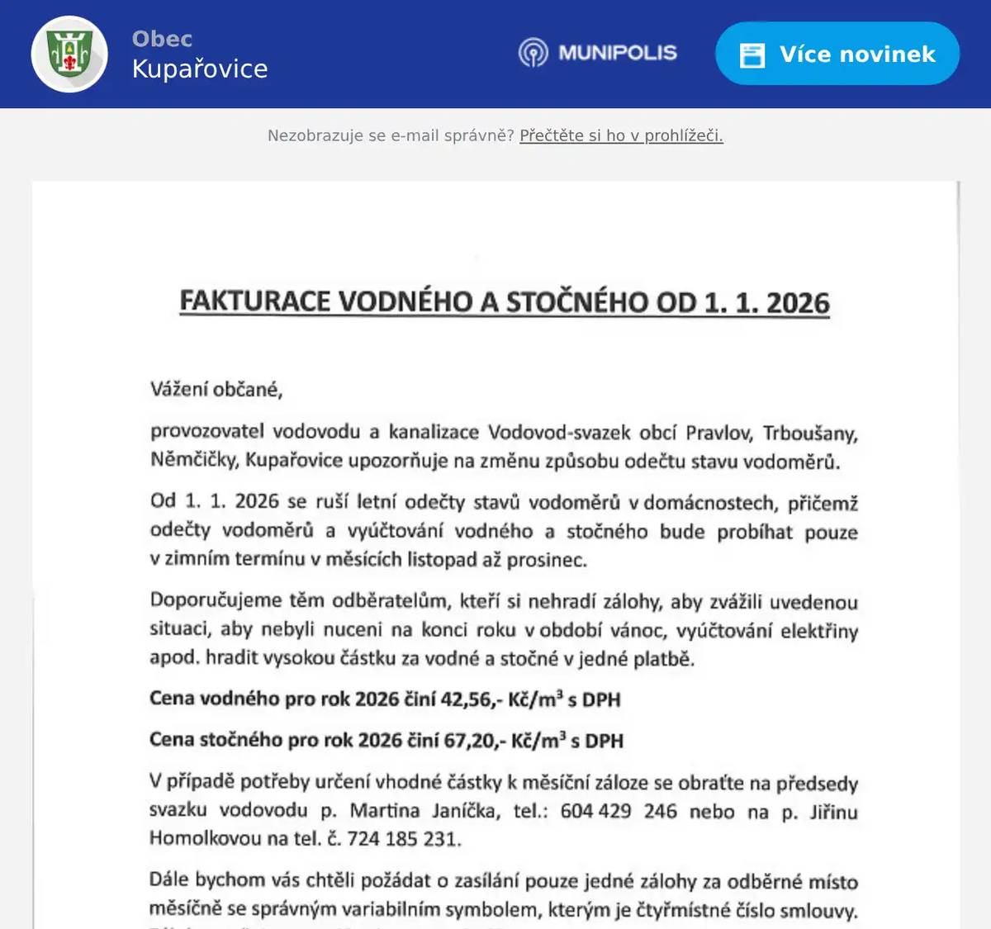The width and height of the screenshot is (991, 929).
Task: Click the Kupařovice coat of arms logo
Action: pos(69,54)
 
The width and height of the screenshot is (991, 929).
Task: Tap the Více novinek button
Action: pos(837,54)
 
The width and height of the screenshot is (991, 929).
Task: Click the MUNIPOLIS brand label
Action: pos(617,53)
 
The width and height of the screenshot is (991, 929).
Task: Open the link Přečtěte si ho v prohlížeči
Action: pos(621,135)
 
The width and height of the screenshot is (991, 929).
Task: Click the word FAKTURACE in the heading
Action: pos(255,301)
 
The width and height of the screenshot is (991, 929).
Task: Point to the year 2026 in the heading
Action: pos(797,303)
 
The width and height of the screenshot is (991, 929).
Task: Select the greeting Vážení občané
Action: pos(216,389)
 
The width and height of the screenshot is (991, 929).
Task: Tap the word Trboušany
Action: pos(810,434)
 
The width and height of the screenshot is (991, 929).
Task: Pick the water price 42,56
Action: pos(467,699)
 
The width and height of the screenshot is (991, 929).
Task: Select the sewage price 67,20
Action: pos(469,740)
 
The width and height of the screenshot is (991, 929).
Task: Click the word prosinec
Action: pos(546,560)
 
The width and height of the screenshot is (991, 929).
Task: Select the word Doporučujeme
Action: pos(216,600)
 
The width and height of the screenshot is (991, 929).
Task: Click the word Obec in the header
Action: pos(162,39)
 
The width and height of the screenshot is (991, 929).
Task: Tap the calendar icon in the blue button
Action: pos(752,55)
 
